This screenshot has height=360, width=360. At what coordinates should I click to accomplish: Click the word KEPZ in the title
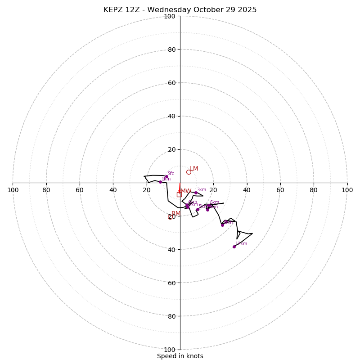click(112, 10)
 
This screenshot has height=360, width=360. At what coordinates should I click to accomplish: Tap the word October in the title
click(210, 10)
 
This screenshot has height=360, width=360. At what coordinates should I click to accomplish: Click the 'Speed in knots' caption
click(180, 356)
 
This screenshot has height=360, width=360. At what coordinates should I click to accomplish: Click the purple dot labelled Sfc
click(166, 177)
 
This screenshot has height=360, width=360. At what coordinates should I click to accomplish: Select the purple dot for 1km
click(160, 182)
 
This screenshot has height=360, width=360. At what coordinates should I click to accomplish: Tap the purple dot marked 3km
click(196, 193)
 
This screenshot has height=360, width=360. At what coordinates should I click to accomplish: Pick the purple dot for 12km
click(234, 247)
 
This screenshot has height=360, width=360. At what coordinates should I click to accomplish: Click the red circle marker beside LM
click(189, 172)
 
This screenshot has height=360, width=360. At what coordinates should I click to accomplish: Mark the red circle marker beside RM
click(170, 217)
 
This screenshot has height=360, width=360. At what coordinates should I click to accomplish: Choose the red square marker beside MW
click(179, 194)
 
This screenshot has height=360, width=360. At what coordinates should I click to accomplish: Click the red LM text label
click(194, 169)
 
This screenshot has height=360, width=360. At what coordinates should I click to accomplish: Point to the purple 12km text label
click(241, 244)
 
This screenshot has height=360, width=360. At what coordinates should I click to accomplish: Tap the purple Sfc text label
click(171, 174)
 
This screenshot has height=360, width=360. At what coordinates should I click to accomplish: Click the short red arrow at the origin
click(180, 188)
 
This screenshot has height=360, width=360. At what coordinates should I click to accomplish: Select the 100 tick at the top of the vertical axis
click(170, 16)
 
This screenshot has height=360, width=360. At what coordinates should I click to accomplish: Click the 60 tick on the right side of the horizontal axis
click(280, 190)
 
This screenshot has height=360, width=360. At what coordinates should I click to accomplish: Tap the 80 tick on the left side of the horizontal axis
click(46, 190)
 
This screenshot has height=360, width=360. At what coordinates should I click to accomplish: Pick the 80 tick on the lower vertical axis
click(170, 316)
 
